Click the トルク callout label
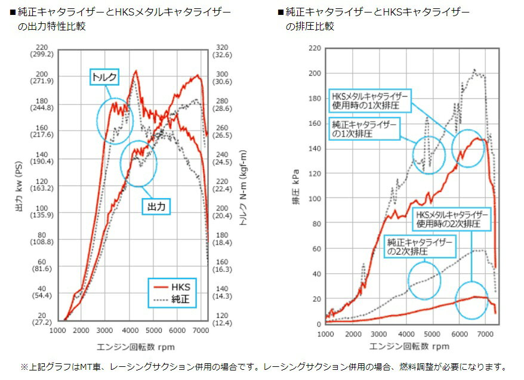(x=104, y=76)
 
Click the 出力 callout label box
(x=156, y=206)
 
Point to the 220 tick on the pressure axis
(x=315, y=47)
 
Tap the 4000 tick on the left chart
(x=130, y=330)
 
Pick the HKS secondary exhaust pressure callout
(x=452, y=219)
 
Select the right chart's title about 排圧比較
(x=377, y=18)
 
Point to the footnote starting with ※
(x=263, y=366)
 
